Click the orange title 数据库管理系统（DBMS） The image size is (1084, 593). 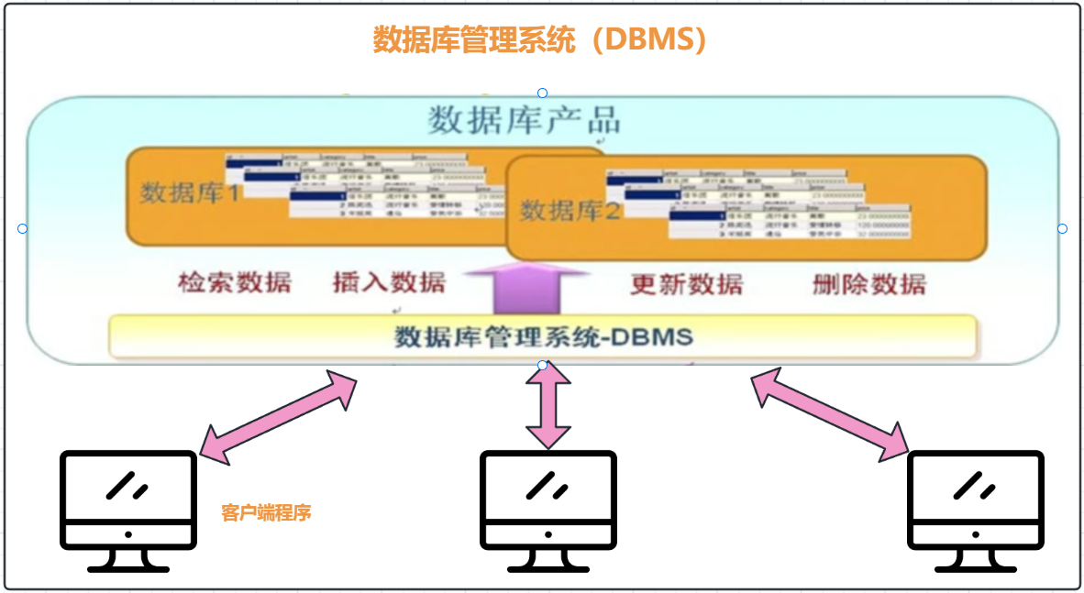click(540, 40)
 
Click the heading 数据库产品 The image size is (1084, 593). click(524, 120)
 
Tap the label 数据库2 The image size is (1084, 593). click(571, 211)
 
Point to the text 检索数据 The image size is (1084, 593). click(235, 282)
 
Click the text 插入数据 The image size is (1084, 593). click(389, 282)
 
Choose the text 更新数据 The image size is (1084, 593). click(686, 284)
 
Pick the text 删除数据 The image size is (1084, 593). click(868, 284)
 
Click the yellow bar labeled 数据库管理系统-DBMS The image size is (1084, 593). click(543, 336)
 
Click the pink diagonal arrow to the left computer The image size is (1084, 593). click(278, 416)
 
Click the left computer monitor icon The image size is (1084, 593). click(128, 510)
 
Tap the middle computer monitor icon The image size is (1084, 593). click(548, 510)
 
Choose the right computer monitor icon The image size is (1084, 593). click(976, 510)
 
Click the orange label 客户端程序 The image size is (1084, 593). click(267, 512)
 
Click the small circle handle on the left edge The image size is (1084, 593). click(23, 228)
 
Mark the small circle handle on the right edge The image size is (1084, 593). click(1062, 228)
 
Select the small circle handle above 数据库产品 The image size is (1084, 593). click(543, 93)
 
